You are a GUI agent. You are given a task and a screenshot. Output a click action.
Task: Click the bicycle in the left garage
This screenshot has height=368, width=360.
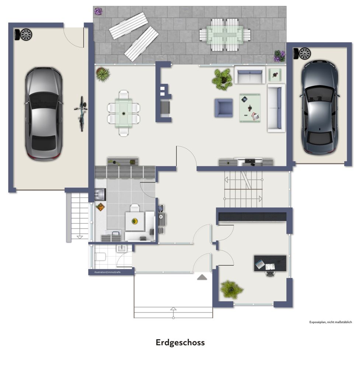[81, 113]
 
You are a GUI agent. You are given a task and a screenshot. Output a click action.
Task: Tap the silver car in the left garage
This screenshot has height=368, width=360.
[43, 113]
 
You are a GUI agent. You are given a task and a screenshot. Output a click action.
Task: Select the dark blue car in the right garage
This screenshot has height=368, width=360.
[319, 107]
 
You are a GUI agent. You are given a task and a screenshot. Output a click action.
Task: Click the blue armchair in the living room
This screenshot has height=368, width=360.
[224, 108]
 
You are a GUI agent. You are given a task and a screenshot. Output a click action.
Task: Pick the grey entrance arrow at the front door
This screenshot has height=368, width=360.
[202, 277]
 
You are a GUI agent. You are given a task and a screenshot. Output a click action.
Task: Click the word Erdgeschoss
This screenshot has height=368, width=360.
[180, 343]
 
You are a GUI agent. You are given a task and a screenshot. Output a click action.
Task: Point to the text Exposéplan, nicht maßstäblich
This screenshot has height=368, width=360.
[331, 322]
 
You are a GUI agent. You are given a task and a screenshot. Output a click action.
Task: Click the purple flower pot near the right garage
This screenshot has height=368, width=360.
[279, 56]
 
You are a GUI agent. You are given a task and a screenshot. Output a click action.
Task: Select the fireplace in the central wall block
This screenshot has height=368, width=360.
[166, 107]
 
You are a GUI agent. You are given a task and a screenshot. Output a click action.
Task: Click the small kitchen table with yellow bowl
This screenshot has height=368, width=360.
[134, 221]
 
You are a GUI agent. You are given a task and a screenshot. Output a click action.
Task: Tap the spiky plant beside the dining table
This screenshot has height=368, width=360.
[102, 74]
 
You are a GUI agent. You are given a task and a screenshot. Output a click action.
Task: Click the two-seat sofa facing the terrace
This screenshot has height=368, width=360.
[251, 75]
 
